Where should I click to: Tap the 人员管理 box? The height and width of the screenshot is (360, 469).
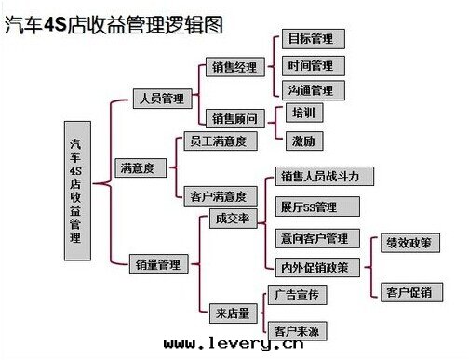click(161, 98)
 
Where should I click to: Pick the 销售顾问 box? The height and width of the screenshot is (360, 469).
click(234, 118)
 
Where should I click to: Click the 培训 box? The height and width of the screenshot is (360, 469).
click(302, 113)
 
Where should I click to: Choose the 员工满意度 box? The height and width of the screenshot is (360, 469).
click(217, 140)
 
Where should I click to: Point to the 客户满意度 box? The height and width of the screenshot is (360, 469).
click(217, 196)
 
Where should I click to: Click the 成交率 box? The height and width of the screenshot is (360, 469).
click(232, 220)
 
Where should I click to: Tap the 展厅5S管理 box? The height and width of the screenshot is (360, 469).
click(308, 206)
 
